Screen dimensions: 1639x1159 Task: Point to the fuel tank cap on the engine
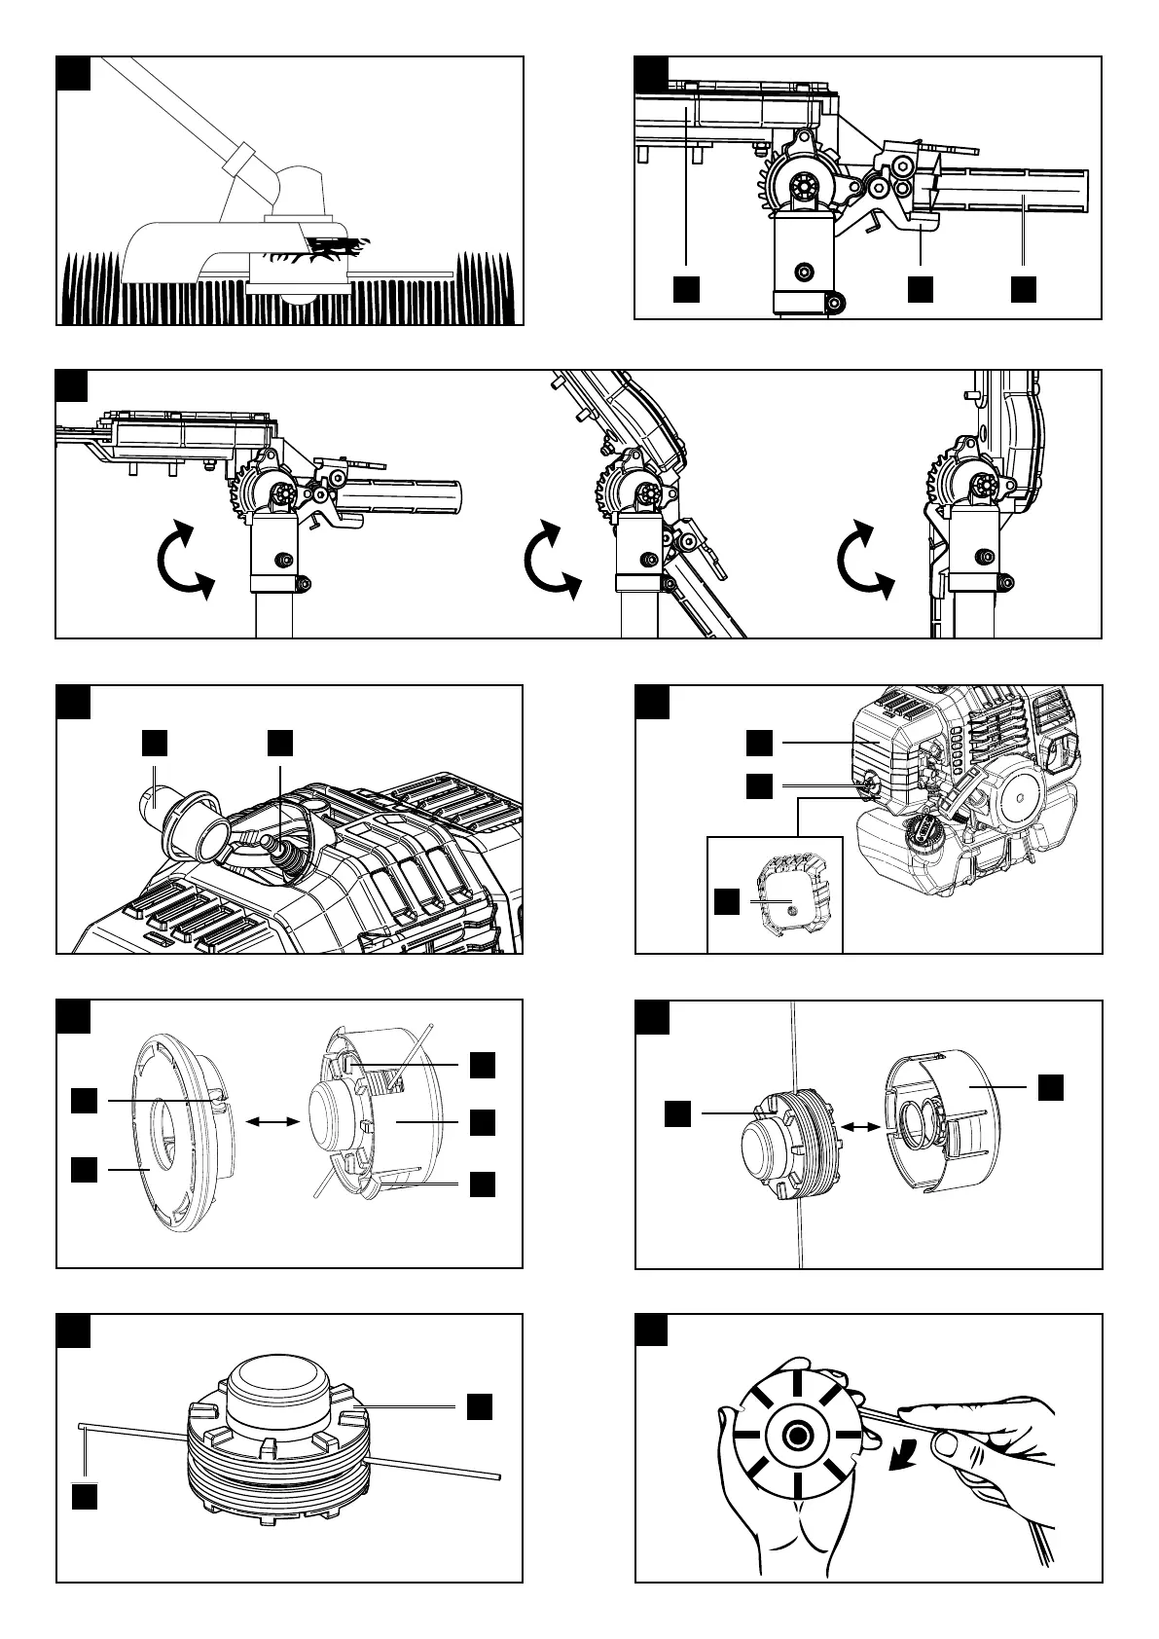(924, 835)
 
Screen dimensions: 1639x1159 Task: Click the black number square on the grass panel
(74, 73)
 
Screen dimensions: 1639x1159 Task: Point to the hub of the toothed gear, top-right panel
(805, 185)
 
